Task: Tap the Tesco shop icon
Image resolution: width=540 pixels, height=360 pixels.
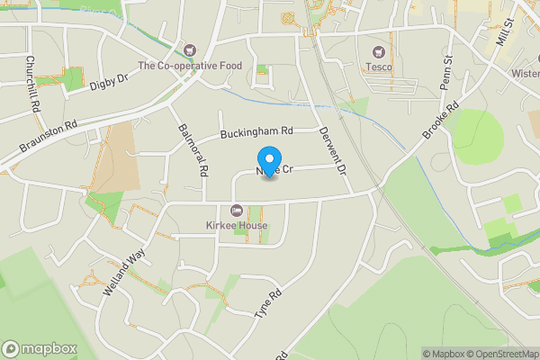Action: [x=378, y=51]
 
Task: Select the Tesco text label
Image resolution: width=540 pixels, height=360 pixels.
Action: [x=378, y=66]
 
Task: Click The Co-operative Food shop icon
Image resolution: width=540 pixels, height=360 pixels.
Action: [x=189, y=49]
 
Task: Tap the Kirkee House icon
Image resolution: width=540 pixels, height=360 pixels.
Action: [x=237, y=210]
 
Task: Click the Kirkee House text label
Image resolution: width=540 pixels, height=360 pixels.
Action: [x=237, y=224]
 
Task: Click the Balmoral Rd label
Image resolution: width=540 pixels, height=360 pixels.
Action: [x=193, y=148]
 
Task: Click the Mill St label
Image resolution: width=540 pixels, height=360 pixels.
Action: [x=505, y=35]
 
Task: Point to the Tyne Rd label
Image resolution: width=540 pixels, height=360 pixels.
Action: [x=268, y=307]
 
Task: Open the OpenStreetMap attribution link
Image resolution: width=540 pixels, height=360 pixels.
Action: [x=501, y=354]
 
